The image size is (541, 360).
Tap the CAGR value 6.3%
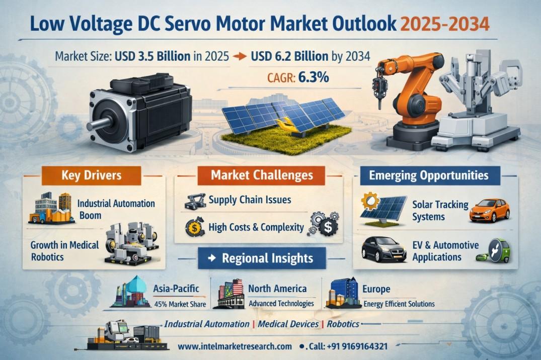pos(314,77)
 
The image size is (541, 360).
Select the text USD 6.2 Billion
pos(289,56)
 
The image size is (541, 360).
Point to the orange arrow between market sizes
pos(240,56)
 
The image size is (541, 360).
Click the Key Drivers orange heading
pos(92,175)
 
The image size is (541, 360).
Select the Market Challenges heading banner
pos(262,175)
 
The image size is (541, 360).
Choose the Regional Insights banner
pos(262,258)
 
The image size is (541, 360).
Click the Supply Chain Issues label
pos(250,200)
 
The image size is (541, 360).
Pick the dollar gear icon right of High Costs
pos(324,224)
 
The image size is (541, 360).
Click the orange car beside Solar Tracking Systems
pos(490,210)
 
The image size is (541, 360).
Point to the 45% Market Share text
pos(180,304)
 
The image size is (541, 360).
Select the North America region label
pos(277,289)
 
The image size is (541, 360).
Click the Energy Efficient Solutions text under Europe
pos(399,304)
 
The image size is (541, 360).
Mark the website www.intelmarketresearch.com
pos(235,346)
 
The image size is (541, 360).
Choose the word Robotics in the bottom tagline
pos(343,324)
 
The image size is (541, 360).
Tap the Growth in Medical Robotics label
pos(64,251)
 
